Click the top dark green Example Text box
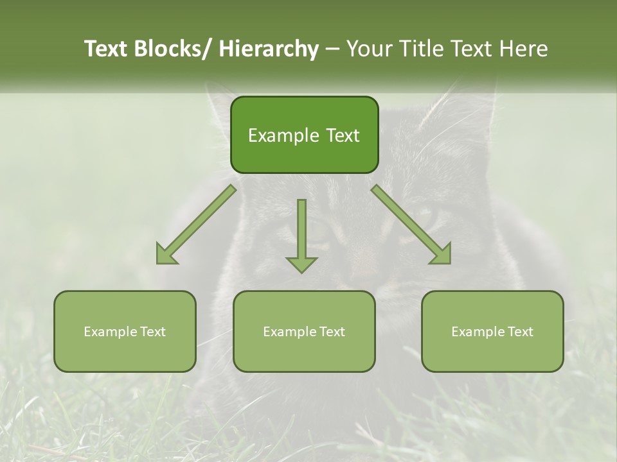(x=304, y=135)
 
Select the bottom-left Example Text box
(x=125, y=331)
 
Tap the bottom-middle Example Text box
(x=304, y=331)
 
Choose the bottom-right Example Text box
(x=492, y=331)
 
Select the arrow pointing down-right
(x=411, y=225)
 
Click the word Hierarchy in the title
(x=269, y=49)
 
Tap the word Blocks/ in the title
(x=174, y=49)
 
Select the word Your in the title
(x=369, y=49)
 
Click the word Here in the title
(x=524, y=49)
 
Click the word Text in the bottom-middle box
(x=331, y=331)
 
